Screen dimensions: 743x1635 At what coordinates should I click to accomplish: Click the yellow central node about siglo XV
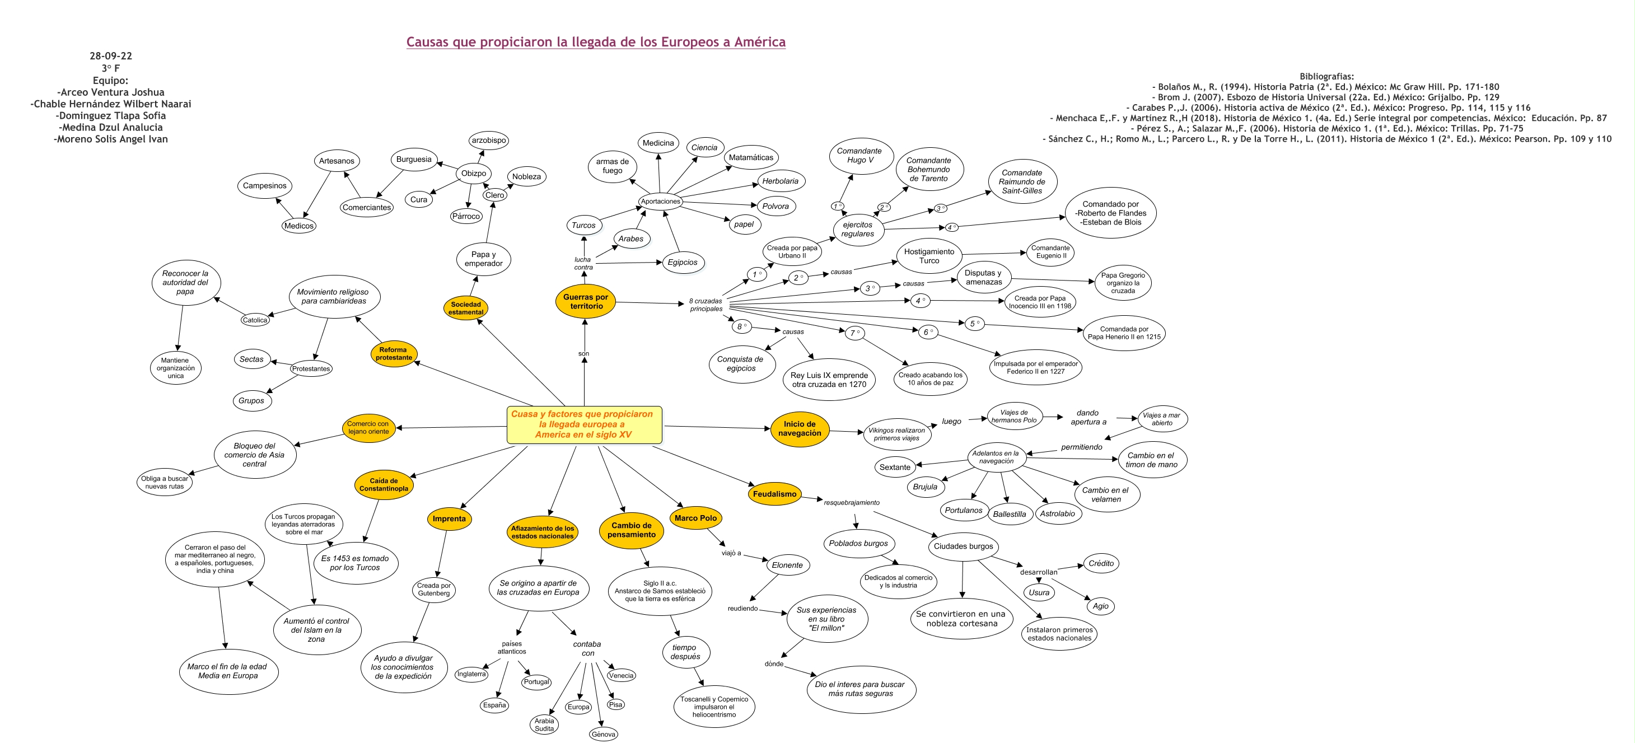584,424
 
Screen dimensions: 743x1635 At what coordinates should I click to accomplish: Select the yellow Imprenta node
449,519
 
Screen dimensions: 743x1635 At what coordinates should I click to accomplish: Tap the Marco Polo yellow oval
695,518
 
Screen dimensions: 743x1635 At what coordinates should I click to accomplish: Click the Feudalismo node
774,494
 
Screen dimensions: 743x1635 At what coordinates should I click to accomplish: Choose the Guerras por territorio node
585,302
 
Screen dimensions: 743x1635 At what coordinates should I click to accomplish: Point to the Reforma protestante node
394,354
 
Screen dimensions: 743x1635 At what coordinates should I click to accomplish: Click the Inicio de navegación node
799,429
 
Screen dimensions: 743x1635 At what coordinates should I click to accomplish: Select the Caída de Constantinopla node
384,485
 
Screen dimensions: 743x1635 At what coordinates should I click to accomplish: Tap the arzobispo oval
489,140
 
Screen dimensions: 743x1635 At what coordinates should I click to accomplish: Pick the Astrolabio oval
1057,514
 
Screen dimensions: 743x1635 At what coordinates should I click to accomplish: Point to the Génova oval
603,734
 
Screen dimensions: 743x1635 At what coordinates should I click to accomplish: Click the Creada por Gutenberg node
433,590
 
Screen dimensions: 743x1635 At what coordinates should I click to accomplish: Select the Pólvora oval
775,206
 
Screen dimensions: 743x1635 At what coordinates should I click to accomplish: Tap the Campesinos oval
265,186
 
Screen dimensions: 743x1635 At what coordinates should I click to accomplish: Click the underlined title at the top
595,43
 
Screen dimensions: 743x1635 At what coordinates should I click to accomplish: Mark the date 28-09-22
110,56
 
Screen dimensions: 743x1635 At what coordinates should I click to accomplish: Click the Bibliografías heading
1326,76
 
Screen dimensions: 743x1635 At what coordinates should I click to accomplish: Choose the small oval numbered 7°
854,333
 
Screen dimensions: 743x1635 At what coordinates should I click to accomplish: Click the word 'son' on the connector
583,354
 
